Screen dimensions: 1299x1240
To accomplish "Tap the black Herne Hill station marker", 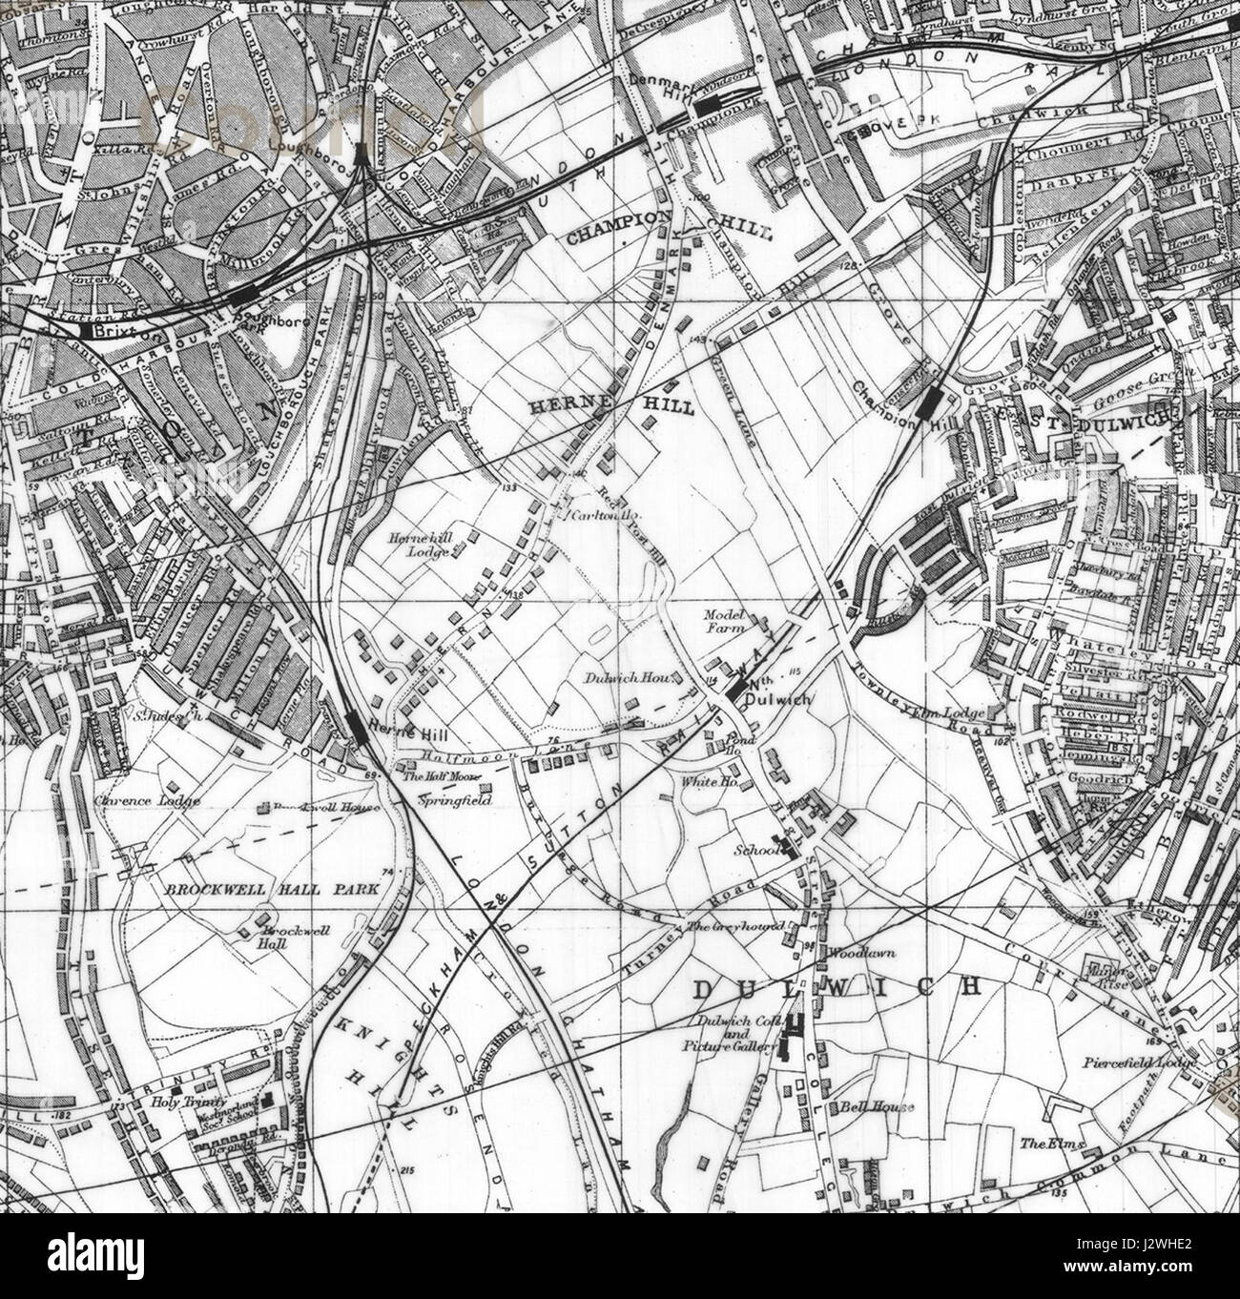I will click(x=356, y=727).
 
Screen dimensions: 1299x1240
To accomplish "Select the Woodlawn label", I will click(x=852, y=953).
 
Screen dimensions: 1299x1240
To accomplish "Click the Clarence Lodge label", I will click(x=148, y=801).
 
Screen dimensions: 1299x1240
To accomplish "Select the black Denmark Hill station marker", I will click(x=708, y=106).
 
